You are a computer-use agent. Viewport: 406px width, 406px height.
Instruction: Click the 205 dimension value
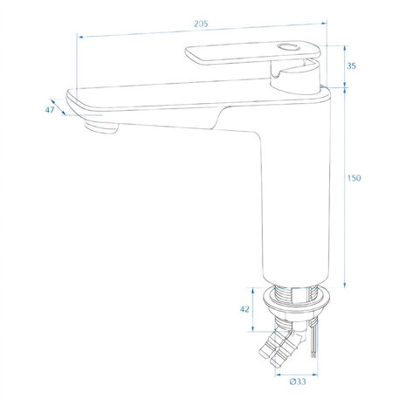(x=201, y=24)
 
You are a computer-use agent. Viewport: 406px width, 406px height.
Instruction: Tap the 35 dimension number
(x=351, y=66)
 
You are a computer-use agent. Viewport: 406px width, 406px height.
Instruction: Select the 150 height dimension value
(x=354, y=178)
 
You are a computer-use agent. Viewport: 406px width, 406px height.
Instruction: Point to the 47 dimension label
(x=50, y=110)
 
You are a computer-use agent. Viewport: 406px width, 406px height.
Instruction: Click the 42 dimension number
(x=244, y=309)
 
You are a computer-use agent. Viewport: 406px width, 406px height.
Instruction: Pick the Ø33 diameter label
(x=298, y=382)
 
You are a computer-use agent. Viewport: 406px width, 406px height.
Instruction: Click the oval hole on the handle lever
(x=288, y=46)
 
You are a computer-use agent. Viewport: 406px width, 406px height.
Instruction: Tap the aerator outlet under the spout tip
(x=101, y=127)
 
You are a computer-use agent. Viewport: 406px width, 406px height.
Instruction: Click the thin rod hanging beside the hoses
(x=313, y=338)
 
